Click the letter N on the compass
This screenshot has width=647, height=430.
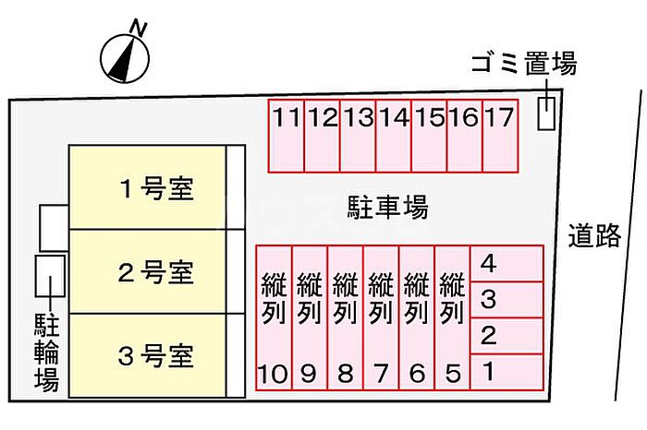[139, 29]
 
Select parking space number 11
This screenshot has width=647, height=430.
[287, 136]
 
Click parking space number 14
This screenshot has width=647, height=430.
[394, 136]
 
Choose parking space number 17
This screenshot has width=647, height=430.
[500, 136]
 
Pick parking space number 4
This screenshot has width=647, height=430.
[507, 264]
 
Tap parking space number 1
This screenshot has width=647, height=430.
[507, 372]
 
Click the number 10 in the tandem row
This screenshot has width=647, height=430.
[273, 374]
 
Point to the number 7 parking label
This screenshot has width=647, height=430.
[381, 374]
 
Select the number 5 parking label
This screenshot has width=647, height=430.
[453, 374]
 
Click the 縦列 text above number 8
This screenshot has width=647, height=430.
[346, 298]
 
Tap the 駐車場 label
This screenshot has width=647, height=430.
[387, 208]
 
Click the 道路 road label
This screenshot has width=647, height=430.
[594, 235]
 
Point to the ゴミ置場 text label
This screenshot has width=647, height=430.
[524, 64]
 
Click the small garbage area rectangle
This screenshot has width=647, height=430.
[546, 113]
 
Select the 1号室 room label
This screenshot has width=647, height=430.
[157, 188]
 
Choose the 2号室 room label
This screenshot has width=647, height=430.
[156, 272]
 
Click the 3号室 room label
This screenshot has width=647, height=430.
[156, 356]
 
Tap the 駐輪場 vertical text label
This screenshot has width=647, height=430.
[46, 352]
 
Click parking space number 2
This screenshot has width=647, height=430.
[507, 336]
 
